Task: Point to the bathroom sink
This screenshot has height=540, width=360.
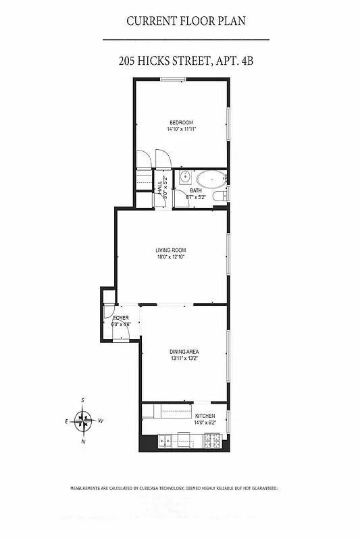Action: point(184,178)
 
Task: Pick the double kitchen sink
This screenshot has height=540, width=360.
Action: point(165,442)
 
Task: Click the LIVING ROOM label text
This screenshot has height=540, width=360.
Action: point(170,250)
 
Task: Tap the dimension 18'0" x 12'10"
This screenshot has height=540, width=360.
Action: point(170,256)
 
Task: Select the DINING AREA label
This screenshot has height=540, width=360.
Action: point(184,352)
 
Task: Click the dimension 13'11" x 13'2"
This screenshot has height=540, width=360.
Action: point(184,358)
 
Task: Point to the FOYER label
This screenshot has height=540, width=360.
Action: point(121,317)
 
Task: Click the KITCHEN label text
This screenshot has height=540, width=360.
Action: point(205,416)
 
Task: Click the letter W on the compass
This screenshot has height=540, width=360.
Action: point(101,421)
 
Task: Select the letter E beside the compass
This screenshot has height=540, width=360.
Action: point(66,421)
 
